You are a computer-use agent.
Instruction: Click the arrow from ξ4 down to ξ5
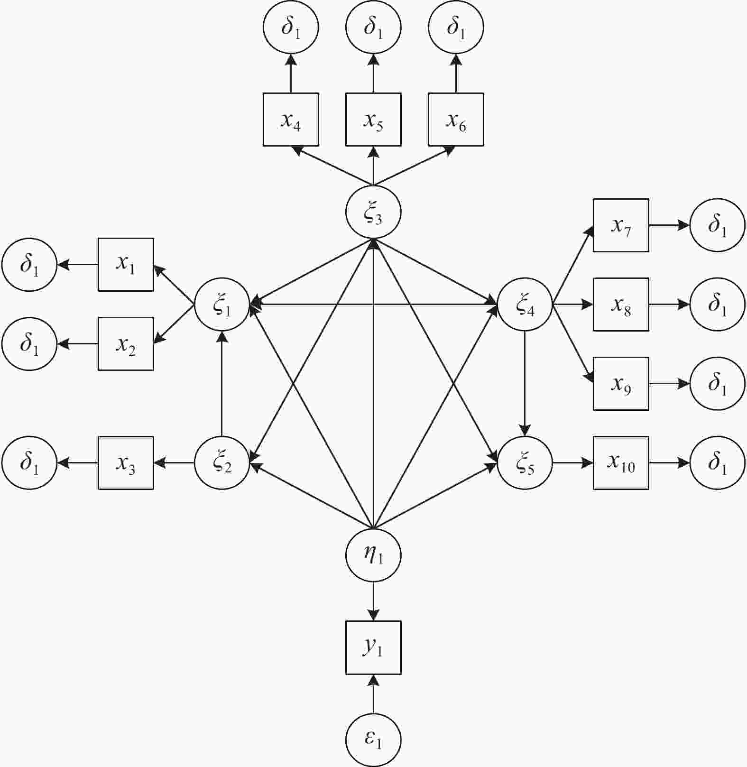coord(525,384)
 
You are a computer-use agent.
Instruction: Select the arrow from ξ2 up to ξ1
coord(222,384)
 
